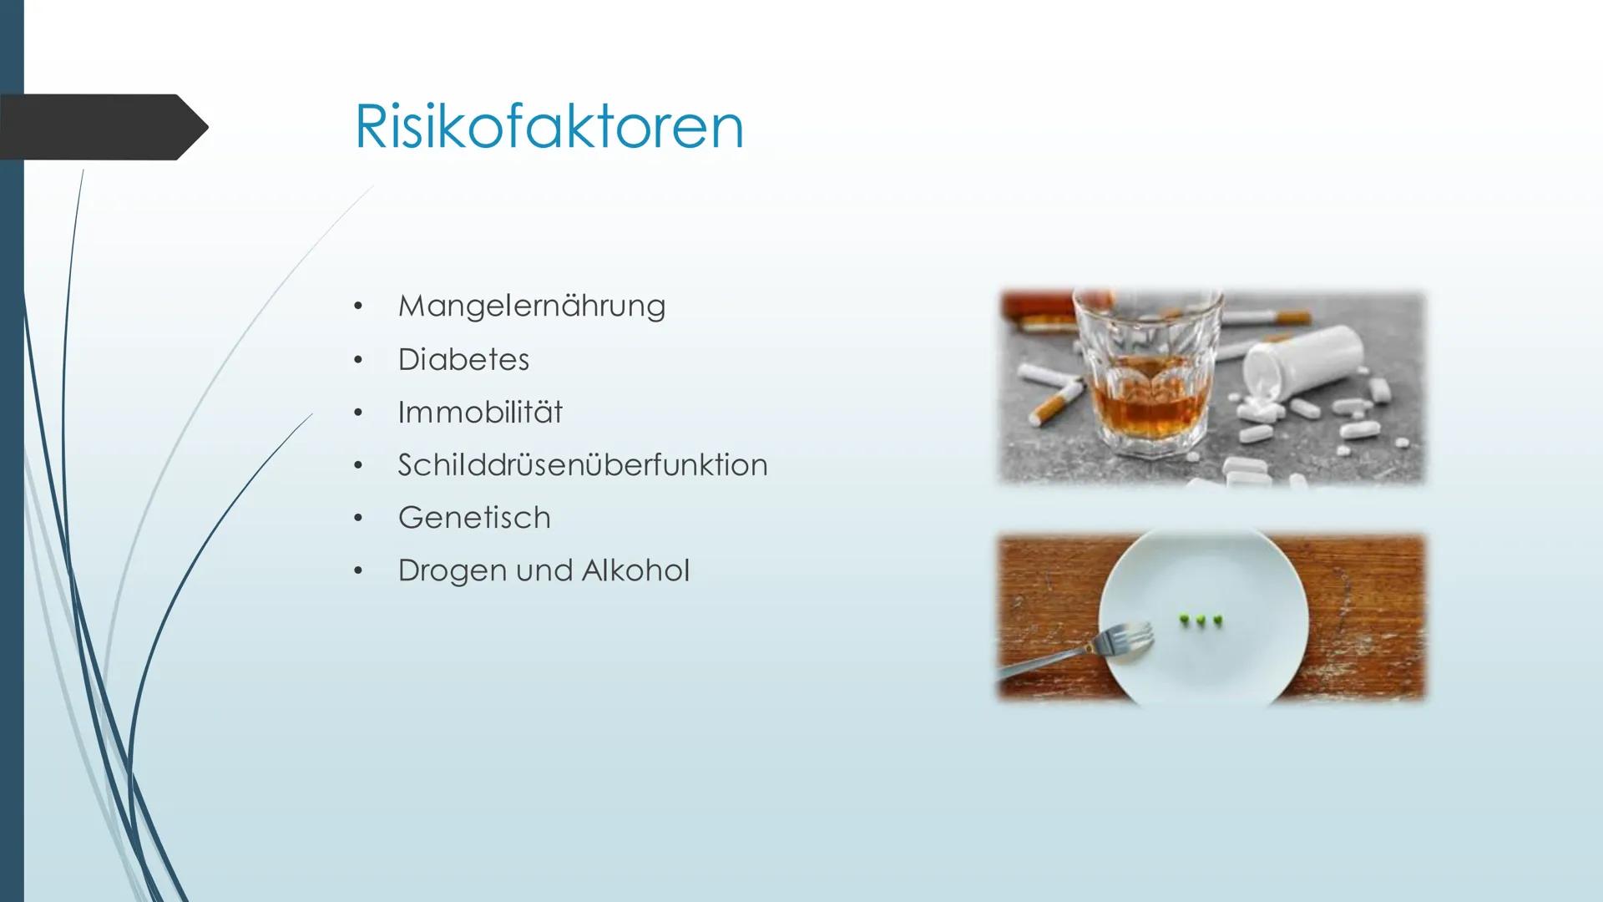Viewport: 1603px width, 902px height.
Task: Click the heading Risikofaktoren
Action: pyautogui.click(x=549, y=127)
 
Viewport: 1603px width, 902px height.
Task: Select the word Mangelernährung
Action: pyautogui.click(x=532, y=307)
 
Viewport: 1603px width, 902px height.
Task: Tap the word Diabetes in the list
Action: pyautogui.click(x=463, y=359)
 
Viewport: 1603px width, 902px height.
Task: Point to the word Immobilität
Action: pyautogui.click(x=480, y=412)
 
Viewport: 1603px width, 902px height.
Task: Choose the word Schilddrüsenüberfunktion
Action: pyautogui.click(x=583, y=464)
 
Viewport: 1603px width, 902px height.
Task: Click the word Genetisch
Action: pyautogui.click(x=474, y=518)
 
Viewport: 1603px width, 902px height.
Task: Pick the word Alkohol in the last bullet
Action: pyautogui.click(x=635, y=570)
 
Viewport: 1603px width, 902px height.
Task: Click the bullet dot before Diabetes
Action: pyautogui.click(x=358, y=361)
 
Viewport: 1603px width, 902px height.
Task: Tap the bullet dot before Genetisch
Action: pyautogui.click(x=358, y=519)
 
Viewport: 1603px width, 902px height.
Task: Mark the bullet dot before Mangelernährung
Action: pyautogui.click(x=358, y=307)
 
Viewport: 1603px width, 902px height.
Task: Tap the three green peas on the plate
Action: pyautogui.click(x=1201, y=620)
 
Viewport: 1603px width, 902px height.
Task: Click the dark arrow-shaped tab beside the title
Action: pyautogui.click(x=104, y=127)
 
